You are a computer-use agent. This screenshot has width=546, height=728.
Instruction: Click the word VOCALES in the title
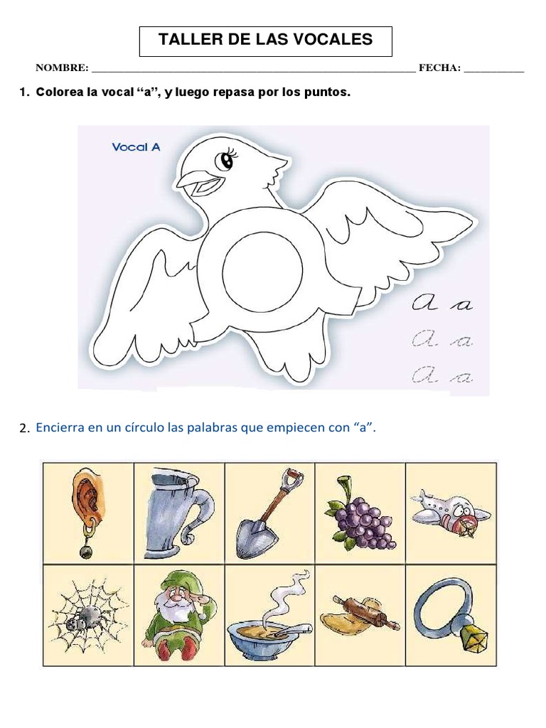pyautogui.click(x=338, y=40)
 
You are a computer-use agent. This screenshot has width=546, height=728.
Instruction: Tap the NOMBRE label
pyautogui.click(x=62, y=68)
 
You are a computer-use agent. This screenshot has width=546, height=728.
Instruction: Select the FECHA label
pyautogui.click(x=439, y=68)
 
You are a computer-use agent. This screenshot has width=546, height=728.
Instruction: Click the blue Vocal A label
pyautogui.click(x=136, y=147)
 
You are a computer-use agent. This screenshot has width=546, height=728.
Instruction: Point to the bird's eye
pyautogui.click(x=227, y=161)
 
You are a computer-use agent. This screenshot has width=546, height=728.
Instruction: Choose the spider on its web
pyautogui.click(x=88, y=615)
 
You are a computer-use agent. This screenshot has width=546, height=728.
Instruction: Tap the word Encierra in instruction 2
pyautogui.click(x=60, y=427)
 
